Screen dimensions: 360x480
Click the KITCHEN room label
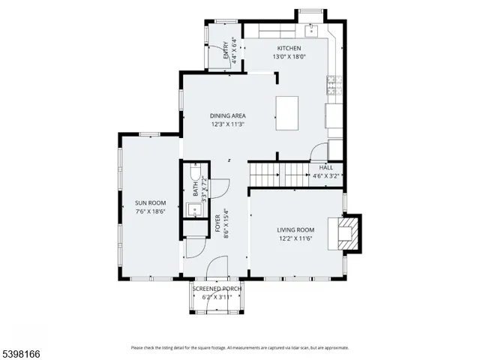coord(288,48)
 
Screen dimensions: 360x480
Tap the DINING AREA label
coord(227,115)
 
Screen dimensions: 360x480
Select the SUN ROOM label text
coord(150,202)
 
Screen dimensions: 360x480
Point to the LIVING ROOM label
coord(295,229)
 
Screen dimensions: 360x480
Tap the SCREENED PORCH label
coord(217,289)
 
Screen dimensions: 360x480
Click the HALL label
coord(325,168)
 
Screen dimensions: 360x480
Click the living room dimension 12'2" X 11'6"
coord(295,239)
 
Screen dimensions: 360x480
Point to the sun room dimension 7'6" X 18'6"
coord(150,211)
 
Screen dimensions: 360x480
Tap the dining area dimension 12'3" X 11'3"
coord(227,125)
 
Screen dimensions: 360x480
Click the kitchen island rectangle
coord(289,112)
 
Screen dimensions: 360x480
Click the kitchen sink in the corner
coord(313,31)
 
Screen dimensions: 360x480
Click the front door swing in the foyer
coord(217,266)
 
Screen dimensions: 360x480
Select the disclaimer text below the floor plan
coord(239,348)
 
